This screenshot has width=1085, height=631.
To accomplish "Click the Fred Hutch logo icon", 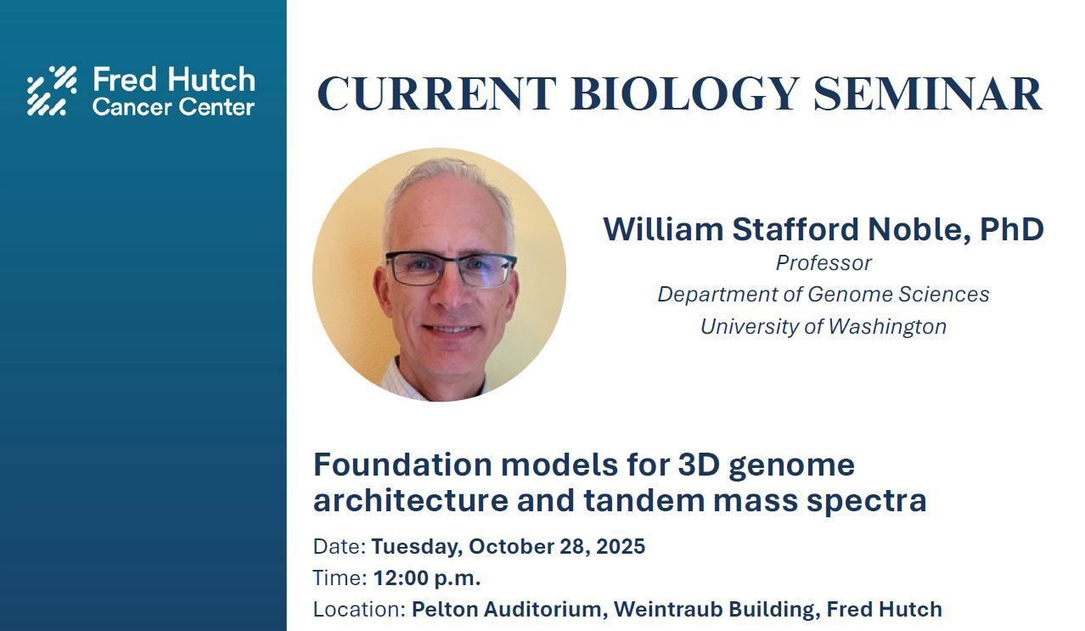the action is tap(52, 91).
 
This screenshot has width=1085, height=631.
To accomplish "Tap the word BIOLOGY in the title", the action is tap(685, 93).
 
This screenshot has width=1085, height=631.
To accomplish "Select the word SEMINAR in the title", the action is tap(928, 93).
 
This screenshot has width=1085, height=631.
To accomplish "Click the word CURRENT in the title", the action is tap(436, 93).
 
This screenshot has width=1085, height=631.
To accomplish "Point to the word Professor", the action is tap(824, 263).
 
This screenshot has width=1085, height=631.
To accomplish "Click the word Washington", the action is tap(887, 327).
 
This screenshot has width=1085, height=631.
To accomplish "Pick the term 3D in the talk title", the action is tap(699, 465).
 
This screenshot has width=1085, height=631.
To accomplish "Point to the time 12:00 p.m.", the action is tap(427, 577).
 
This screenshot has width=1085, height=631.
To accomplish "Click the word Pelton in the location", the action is tap(444, 609).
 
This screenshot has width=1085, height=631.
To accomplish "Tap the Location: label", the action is tap(359, 609).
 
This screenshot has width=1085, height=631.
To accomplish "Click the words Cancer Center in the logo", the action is tap(173, 107).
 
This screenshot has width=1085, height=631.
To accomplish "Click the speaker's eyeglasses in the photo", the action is tap(451, 268).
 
